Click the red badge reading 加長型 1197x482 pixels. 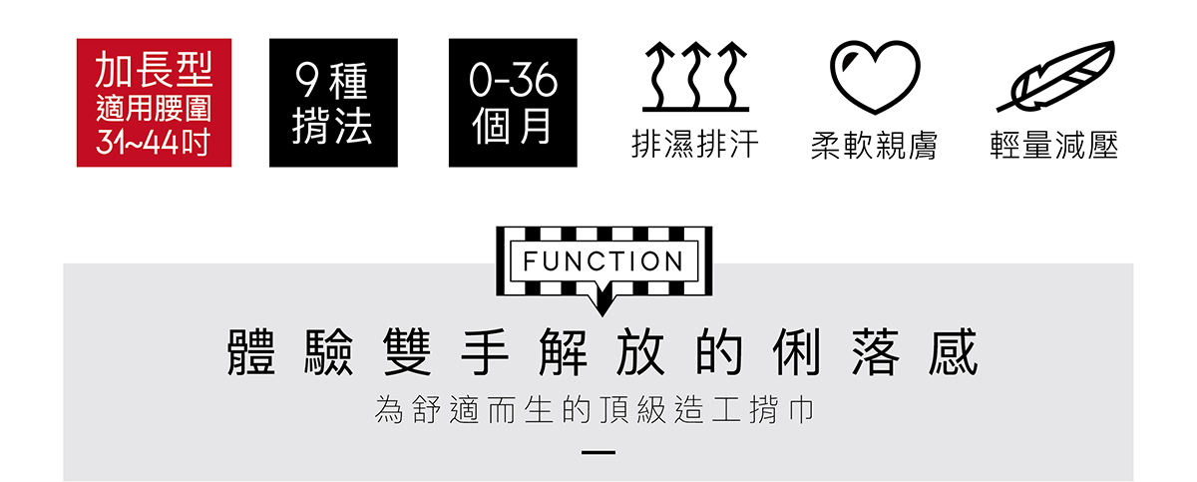[x=154, y=103]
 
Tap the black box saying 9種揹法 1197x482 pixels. [x=333, y=103]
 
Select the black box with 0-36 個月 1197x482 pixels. [x=513, y=103]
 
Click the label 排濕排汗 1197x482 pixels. [x=695, y=145]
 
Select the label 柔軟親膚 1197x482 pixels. [x=874, y=146]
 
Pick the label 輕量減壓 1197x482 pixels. [x=1053, y=145]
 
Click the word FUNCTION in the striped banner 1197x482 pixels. [x=603, y=261]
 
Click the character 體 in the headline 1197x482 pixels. [x=251, y=351]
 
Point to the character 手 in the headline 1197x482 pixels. [x=484, y=351]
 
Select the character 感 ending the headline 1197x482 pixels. [x=954, y=351]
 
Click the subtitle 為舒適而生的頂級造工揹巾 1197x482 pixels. [x=595, y=410]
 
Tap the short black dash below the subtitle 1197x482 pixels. [x=598, y=453]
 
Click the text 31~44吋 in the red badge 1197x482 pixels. [x=153, y=142]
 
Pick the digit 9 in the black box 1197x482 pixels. [x=307, y=81]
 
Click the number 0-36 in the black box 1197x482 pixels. [x=513, y=81]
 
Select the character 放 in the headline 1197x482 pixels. [x=640, y=351]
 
